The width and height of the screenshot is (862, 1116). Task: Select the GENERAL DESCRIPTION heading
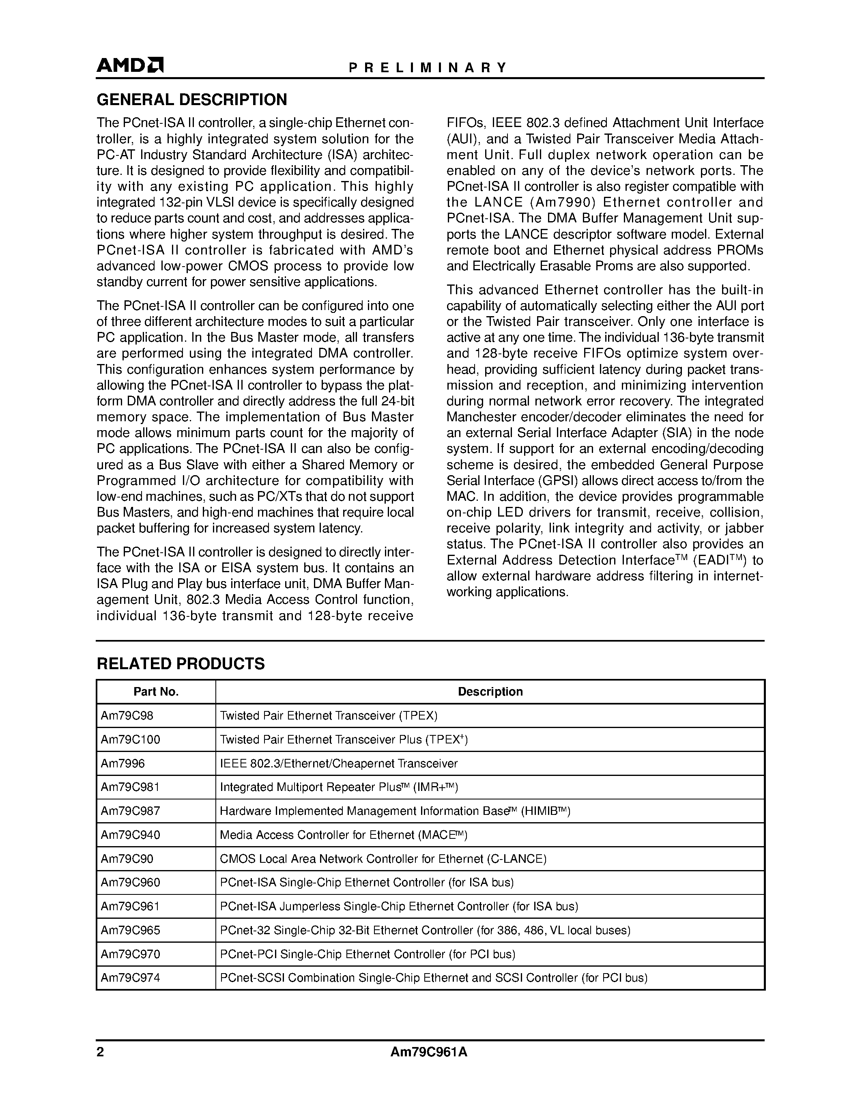pos(191,100)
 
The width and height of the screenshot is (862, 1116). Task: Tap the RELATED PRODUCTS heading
pos(181,664)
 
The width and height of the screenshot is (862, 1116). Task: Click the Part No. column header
pos(156,692)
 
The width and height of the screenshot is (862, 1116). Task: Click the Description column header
pos(490,692)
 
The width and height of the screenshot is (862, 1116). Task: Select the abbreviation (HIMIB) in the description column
pos(545,811)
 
